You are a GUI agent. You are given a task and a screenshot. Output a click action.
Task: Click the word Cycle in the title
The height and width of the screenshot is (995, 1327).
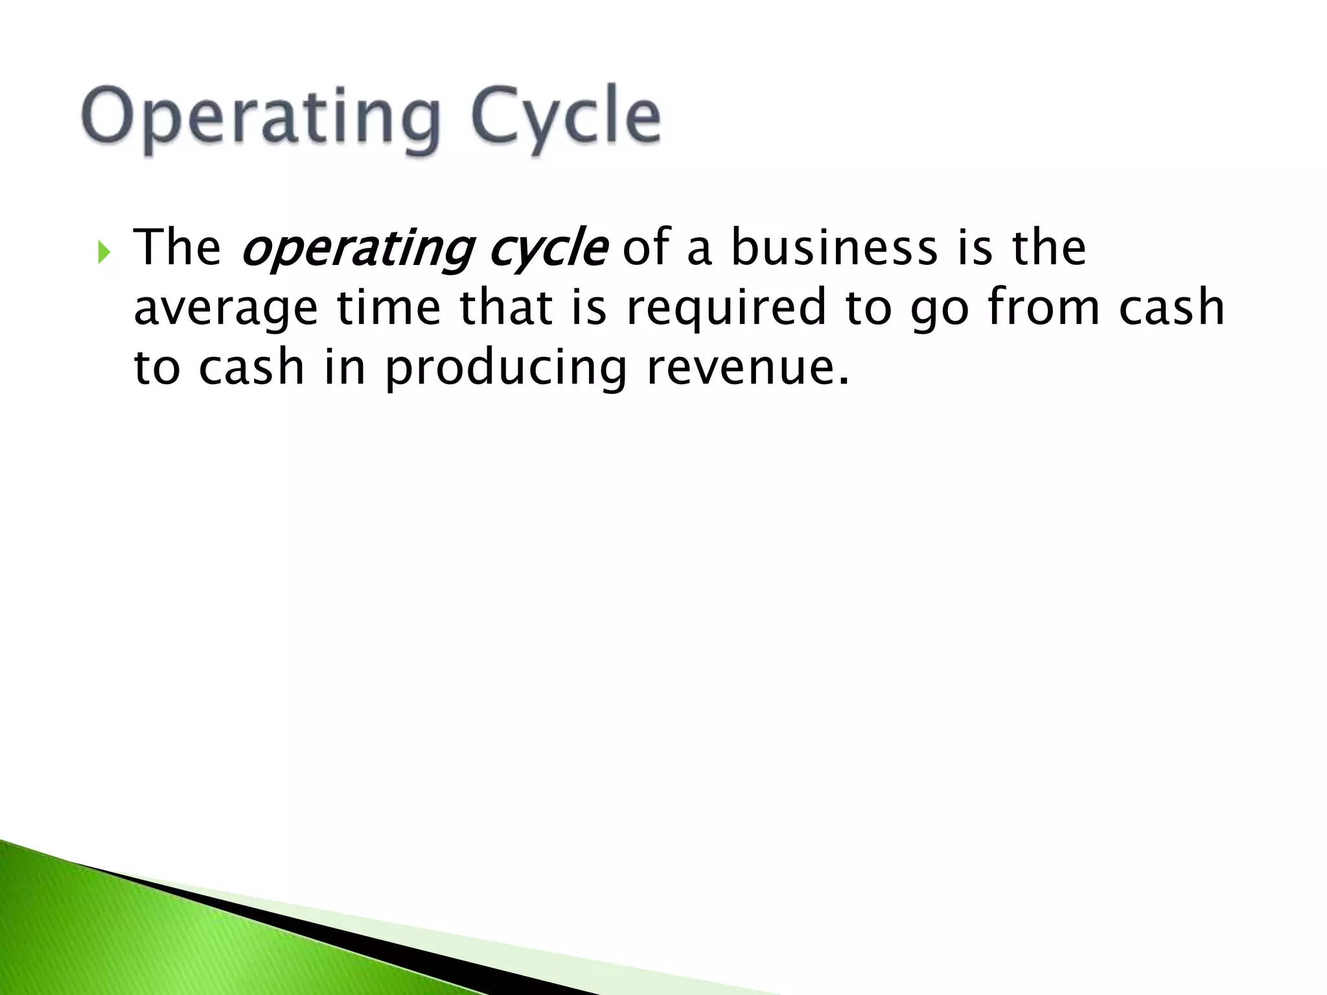(565, 117)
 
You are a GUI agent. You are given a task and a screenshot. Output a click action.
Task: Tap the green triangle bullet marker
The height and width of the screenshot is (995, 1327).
(104, 252)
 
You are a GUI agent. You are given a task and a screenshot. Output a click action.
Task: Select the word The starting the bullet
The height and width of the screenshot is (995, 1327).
(177, 248)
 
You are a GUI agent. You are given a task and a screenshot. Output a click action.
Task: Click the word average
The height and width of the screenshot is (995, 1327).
(225, 308)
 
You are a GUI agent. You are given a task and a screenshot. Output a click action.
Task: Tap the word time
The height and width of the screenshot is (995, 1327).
(388, 307)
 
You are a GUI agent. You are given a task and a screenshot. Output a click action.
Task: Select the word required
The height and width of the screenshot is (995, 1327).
(726, 308)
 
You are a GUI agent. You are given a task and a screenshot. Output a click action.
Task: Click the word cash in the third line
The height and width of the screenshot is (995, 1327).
(251, 367)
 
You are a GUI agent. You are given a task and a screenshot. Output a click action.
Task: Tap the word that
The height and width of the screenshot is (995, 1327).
(506, 307)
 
